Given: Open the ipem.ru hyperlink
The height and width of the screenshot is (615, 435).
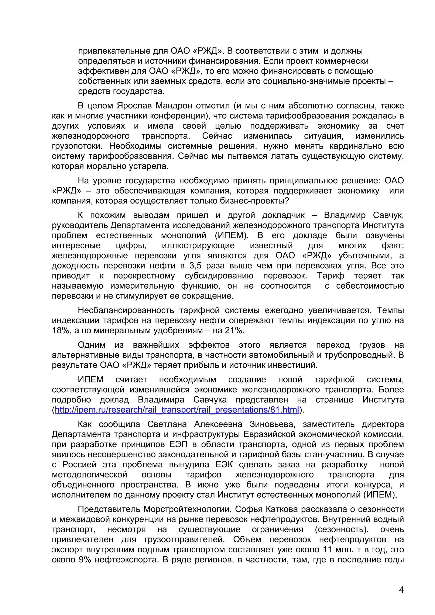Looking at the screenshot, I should (x=177, y=410).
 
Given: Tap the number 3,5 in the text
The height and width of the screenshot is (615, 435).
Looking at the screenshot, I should (x=195, y=265).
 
